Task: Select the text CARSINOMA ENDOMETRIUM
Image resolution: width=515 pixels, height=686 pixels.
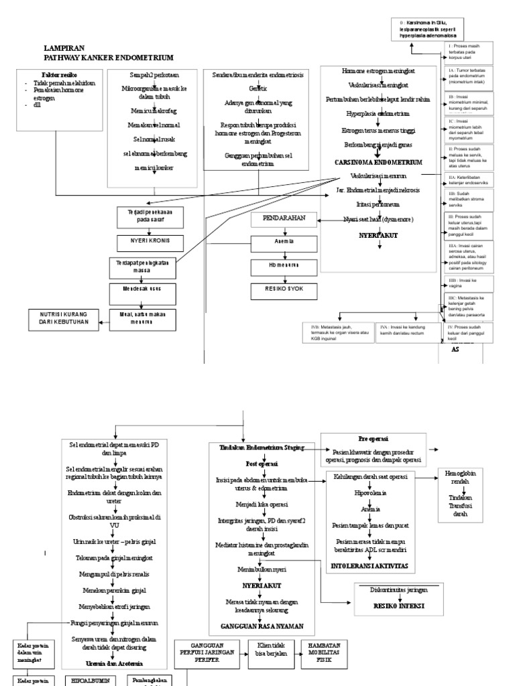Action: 378,162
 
